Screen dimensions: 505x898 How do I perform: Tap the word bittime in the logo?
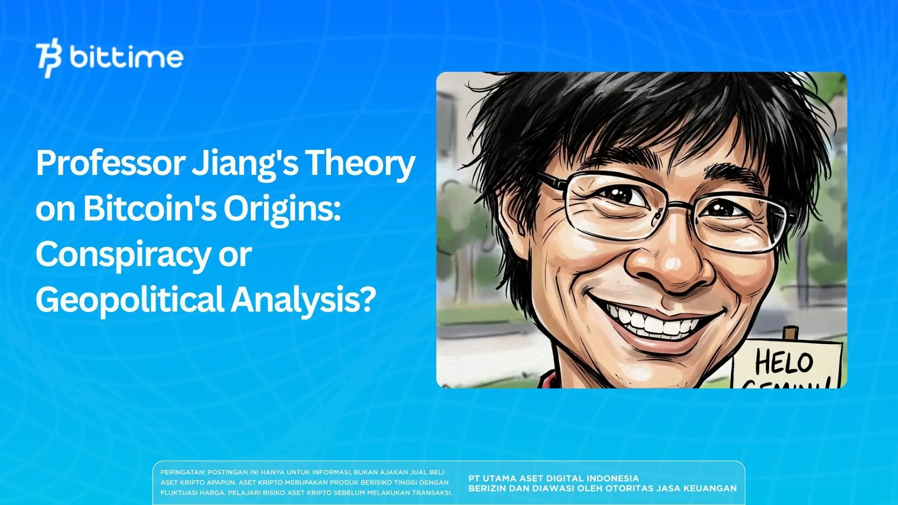[x=126, y=57]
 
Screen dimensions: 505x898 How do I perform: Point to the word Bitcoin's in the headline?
[x=150, y=209]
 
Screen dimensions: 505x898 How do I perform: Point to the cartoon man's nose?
[x=671, y=263]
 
